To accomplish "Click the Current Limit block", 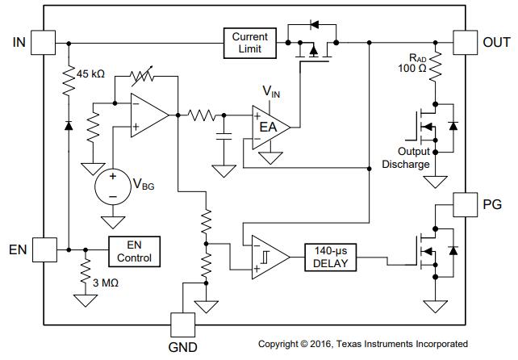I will (250, 43).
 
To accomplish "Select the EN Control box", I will (135, 252).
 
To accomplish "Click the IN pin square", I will (44, 42).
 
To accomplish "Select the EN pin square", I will (44, 249).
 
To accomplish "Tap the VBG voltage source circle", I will (113, 186).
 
